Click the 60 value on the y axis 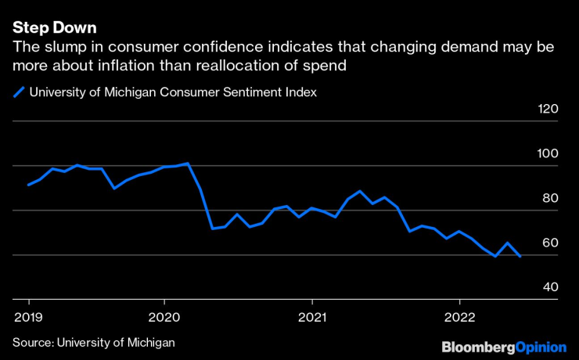[x=550, y=243]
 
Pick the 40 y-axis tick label [x=550, y=288]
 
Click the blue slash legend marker [x=18, y=92]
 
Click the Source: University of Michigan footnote [x=93, y=342]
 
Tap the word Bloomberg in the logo [x=476, y=346]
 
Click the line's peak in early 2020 [x=189, y=164]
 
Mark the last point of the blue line [x=520, y=256]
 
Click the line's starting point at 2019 [x=29, y=185]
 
